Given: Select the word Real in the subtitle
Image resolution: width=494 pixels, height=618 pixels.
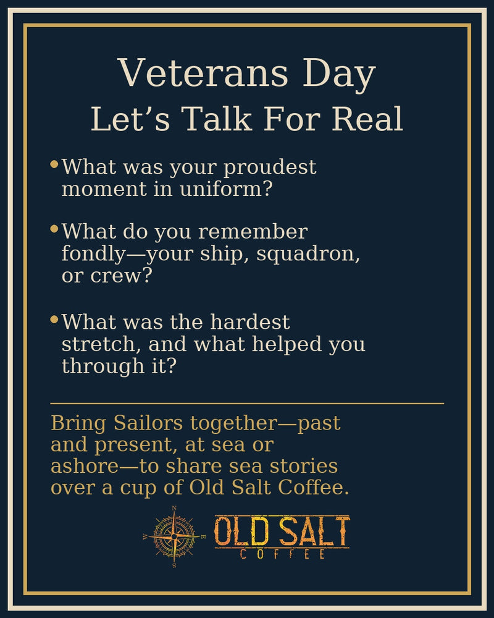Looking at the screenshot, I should [x=367, y=119].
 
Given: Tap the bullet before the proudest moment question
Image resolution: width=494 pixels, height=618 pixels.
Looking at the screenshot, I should [x=54, y=164].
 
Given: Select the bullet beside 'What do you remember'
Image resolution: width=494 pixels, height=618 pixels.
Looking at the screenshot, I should [x=54, y=229].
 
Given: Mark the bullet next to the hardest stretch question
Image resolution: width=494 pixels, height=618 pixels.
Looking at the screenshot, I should [x=54, y=320].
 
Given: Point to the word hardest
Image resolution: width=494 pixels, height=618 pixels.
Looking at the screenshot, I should [x=249, y=322].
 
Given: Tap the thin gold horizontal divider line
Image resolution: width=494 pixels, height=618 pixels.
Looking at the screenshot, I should [x=247, y=403].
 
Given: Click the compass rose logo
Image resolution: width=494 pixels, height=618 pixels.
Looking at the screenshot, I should [x=174, y=536].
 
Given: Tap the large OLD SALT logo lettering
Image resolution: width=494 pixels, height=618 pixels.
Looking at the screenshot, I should [x=282, y=531].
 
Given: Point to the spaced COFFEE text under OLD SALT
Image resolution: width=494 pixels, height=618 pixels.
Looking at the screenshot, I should [x=282, y=554].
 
